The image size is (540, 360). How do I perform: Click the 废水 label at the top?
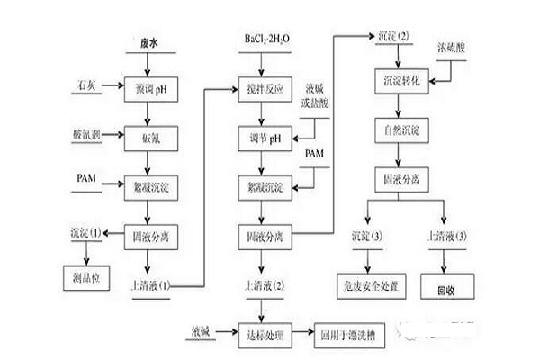tap(149, 43)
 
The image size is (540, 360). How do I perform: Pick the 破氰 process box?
tap(150, 139)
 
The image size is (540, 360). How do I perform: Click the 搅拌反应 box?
tap(263, 91)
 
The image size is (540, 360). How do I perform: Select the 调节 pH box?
tap(263, 139)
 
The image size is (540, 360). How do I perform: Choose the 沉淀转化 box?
tap(396, 83)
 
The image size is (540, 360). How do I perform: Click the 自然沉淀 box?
tap(396, 131)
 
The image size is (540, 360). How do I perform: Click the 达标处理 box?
tap(263, 337)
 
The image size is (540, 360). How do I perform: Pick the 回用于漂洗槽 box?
tap(345, 337)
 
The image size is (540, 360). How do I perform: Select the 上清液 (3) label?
tap(447, 236)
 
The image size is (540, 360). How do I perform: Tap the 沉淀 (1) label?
tap(86, 233)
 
